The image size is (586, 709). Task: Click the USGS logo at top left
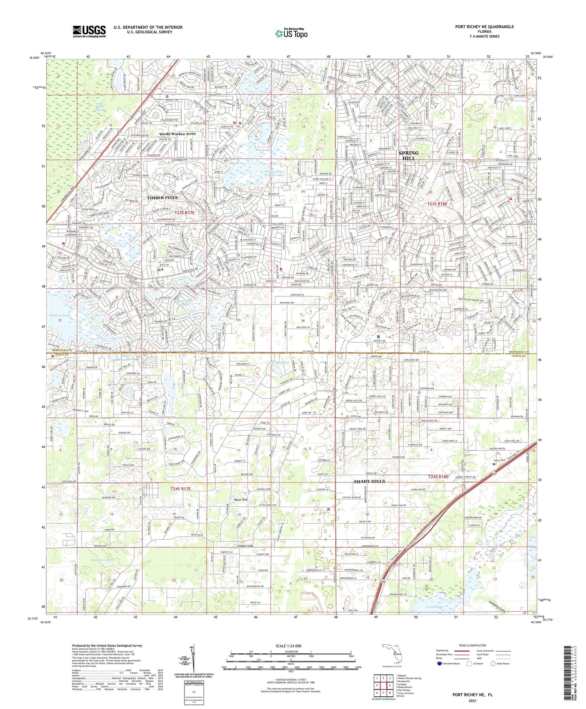coord(89,31)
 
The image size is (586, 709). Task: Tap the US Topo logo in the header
coord(291,33)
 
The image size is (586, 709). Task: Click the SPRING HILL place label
coord(408,156)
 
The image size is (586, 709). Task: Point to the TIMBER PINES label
coord(162,197)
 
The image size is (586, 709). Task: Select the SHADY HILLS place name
coord(369,482)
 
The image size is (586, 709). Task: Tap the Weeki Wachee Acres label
coord(177,134)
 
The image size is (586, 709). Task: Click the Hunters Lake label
coord(60,315)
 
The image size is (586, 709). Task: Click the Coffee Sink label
coord(245,546)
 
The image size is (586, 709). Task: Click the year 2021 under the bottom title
coord(472,701)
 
